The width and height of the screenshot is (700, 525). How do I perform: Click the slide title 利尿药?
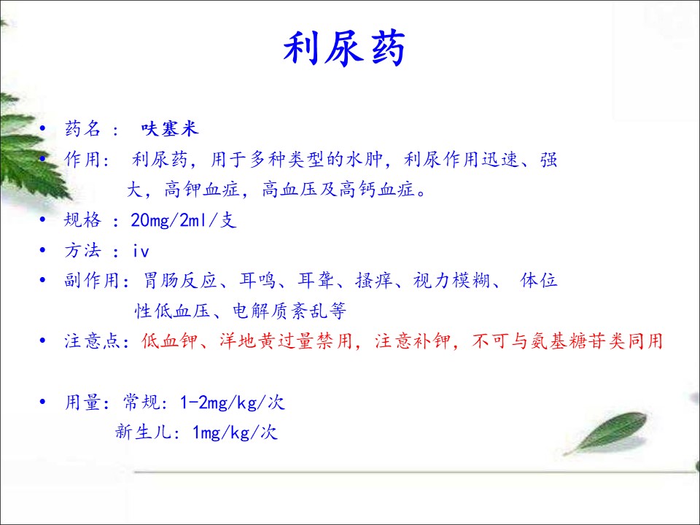tap(344, 48)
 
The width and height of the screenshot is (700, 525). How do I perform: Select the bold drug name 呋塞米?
tap(170, 129)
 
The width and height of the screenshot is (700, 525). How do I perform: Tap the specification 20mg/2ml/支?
tap(184, 220)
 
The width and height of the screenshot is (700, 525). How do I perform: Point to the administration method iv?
tap(141, 251)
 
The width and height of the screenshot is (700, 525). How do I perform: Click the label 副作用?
tap(93, 280)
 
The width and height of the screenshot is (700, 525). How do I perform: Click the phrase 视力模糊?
tap(451, 280)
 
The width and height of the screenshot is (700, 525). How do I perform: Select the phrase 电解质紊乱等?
tap(289, 311)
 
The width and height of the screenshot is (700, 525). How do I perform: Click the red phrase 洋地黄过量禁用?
tap(286, 341)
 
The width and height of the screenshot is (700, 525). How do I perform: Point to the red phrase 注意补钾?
tap(412, 341)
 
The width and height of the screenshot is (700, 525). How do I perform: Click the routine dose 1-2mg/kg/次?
tap(232, 402)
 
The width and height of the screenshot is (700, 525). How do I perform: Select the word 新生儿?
tap(143, 432)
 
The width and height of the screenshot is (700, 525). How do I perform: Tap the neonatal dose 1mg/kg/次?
tap(235, 432)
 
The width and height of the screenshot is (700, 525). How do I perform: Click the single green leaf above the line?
tap(607, 432)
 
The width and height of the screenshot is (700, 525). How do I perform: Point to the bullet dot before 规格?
tap(42, 219)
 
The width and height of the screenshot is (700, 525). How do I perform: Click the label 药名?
tap(83, 129)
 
